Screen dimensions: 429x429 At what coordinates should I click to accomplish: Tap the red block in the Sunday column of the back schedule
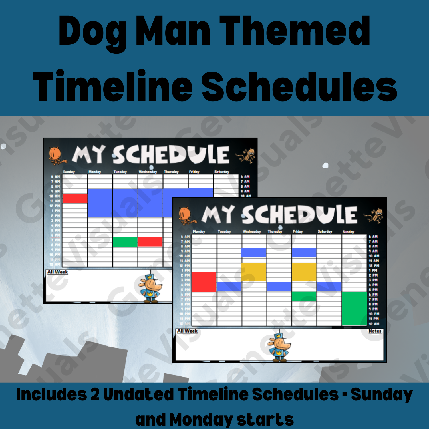(x=75, y=198)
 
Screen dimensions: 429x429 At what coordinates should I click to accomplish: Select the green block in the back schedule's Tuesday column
(x=125, y=242)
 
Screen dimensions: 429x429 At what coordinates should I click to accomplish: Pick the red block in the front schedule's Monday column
(x=204, y=282)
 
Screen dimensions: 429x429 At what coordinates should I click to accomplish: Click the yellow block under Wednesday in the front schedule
(x=254, y=272)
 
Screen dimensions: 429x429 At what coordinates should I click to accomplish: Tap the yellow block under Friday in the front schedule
(x=304, y=272)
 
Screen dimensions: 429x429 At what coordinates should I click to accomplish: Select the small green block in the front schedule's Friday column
(x=304, y=296)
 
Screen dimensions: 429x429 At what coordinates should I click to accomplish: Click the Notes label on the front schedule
(x=375, y=331)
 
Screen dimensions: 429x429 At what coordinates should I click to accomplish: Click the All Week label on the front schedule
(x=187, y=331)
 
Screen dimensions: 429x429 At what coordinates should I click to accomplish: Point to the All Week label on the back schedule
(x=58, y=272)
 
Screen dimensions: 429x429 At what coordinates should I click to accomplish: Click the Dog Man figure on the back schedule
(x=150, y=288)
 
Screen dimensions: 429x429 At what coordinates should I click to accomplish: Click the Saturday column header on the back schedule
(x=222, y=172)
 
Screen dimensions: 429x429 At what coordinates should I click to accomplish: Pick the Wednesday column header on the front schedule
(x=252, y=231)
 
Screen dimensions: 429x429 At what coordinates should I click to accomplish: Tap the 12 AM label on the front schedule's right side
(x=374, y=324)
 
